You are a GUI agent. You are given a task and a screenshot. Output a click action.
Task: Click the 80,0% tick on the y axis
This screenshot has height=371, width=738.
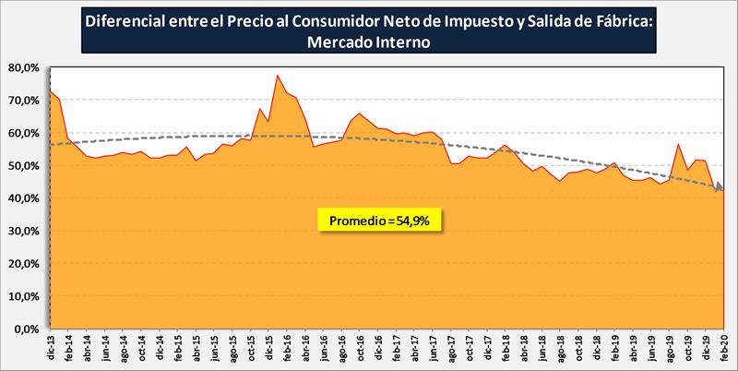click(x=21, y=67)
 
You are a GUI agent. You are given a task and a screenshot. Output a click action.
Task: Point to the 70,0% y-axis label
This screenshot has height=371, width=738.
click(x=21, y=100)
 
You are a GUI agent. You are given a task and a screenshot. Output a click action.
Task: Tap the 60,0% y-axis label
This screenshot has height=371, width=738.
click(x=21, y=133)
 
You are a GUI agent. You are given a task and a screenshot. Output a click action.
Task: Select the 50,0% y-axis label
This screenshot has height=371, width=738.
click(x=21, y=165)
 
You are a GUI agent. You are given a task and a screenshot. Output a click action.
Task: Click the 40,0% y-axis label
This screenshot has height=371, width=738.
click(x=21, y=198)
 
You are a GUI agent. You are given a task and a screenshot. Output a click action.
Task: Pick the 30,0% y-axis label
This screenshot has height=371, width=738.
click(x=21, y=231)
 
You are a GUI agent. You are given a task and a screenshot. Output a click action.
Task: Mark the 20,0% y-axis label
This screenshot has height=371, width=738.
click(x=21, y=264)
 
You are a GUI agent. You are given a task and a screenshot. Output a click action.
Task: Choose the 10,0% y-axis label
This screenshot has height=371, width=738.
click(x=21, y=296)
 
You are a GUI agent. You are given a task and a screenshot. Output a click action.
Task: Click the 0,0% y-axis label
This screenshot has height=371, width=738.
click(x=24, y=329)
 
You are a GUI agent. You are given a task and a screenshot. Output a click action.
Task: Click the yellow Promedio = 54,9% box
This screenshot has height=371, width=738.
click(x=380, y=220)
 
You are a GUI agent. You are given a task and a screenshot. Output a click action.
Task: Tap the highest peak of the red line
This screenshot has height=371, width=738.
click(x=278, y=76)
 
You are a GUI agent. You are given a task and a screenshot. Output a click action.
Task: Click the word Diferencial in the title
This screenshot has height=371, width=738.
click(x=126, y=21)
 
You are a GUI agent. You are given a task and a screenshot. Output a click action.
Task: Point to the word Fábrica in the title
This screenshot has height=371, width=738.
click(x=622, y=21)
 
